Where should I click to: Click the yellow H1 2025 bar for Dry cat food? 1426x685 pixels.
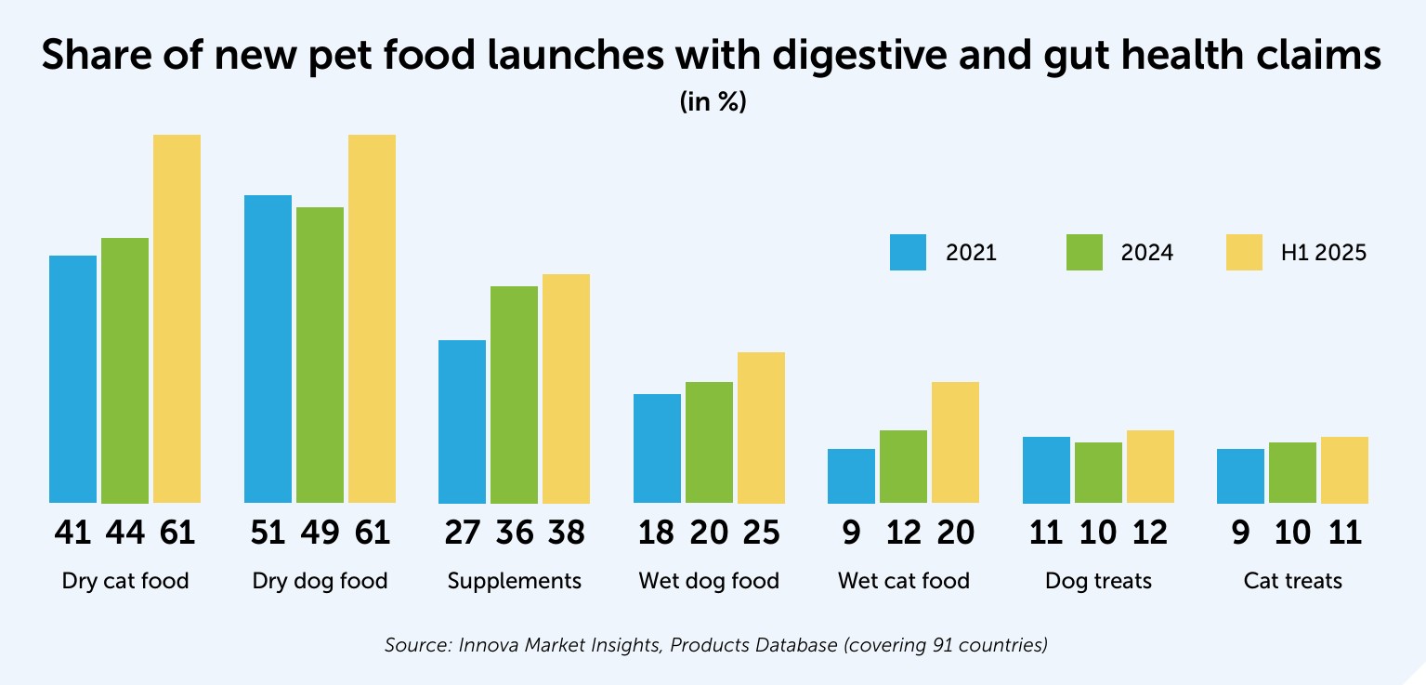click(x=177, y=319)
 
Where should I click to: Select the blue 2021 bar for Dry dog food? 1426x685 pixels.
click(x=268, y=349)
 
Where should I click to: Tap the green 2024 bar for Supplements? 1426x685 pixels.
click(x=514, y=394)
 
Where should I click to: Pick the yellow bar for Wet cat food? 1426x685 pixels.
click(x=955, y=442)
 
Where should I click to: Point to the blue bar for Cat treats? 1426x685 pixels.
click(x=1240, y=476)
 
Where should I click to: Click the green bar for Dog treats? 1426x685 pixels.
click(x=1098, y=472)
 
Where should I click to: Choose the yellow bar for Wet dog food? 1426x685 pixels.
click(x=761, y=428)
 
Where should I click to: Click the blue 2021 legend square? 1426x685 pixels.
click(x=908, y=253)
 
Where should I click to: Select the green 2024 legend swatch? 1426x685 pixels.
click(x=1084, y=253)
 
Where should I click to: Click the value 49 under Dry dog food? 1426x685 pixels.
click(x=320, y=533)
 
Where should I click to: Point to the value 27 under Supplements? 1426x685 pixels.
click(x=462, y=533)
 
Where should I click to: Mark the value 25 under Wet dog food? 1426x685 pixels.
click(x=761, y=533)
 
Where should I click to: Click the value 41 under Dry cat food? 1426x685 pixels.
click(x=72, y=533)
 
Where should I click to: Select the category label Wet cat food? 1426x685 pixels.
click(x=903, y=582)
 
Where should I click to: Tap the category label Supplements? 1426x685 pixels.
click(x=514, y=582)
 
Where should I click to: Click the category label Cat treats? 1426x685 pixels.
click(x=1292, y=582)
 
